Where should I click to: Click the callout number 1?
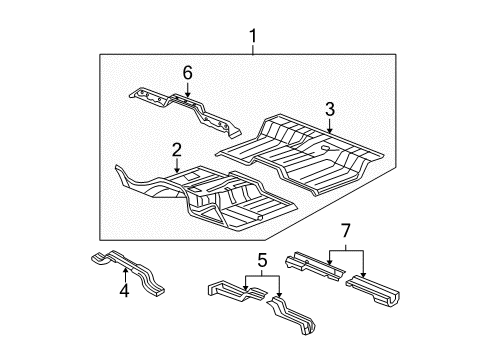click(253, 38)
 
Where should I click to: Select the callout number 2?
click(176, 150)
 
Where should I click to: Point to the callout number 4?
click(124, 292)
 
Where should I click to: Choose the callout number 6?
click(186, 71)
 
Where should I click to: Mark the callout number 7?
click(347, 233)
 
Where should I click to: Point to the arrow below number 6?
click(186, 88)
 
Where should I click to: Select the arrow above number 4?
click(123, 275)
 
